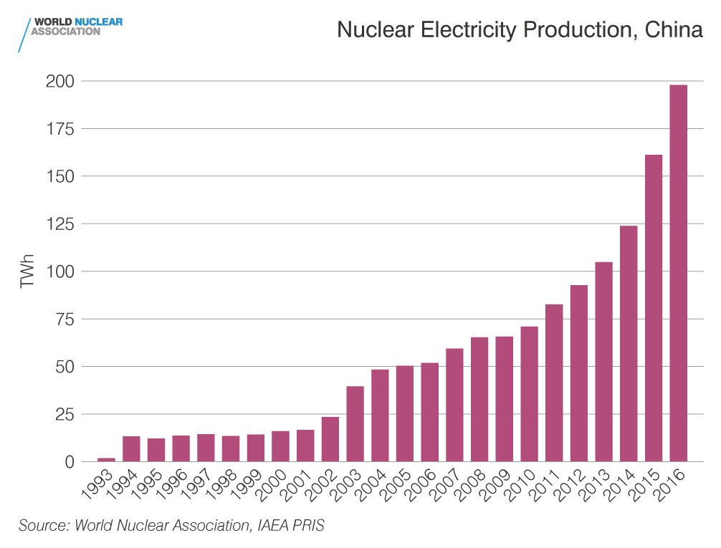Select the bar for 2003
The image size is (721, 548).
355,423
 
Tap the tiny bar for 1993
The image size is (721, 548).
106,459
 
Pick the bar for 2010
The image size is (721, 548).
529,394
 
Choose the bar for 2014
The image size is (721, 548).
629,343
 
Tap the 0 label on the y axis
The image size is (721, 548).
70,462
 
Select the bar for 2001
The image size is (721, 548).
305,446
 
